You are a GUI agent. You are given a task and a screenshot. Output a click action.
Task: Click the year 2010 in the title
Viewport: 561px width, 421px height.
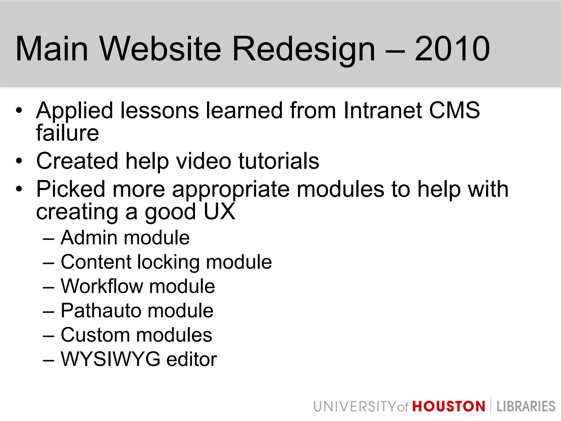click(452, 49)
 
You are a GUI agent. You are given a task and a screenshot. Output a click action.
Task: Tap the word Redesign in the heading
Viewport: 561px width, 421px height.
click(304, 49)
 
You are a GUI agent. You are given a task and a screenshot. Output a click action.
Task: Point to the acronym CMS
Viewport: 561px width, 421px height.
click(454, 110)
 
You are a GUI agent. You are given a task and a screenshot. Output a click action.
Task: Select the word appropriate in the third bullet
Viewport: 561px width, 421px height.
click(231, 190)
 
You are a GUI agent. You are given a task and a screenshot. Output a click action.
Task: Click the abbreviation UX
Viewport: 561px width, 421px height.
click(220, 212)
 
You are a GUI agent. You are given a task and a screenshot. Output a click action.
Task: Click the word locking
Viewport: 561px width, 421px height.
click(168, 263)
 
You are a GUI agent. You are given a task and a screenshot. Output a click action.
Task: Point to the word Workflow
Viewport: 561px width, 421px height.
click(102, 286)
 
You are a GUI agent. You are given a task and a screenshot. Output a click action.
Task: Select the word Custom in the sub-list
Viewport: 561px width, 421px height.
click(95, 335)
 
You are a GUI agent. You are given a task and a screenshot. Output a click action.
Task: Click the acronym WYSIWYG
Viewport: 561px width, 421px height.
click(110, 359)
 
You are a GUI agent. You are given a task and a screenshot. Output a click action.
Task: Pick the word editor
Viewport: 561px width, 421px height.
click(192, 359)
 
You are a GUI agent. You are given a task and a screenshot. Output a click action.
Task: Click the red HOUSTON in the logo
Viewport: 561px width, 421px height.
click(449, 406)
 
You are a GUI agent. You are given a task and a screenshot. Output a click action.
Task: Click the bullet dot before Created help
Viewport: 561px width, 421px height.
click(19, 161)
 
